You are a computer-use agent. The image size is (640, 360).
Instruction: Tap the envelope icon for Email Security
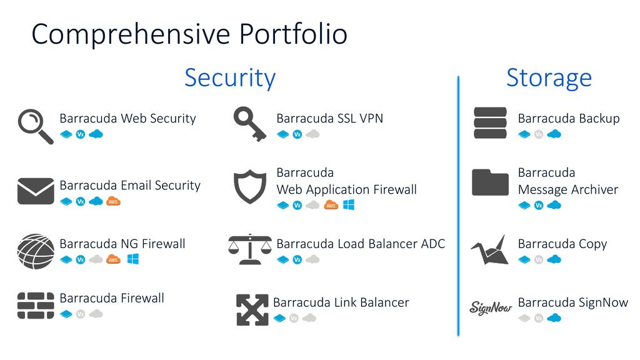36,191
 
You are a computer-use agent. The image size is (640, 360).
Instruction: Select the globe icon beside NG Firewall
36,251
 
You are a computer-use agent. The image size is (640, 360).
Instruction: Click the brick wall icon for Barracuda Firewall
36,305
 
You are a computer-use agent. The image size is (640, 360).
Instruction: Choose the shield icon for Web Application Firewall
250,186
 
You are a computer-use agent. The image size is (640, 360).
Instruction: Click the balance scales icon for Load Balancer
250,249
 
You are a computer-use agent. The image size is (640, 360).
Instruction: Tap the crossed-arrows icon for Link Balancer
252,310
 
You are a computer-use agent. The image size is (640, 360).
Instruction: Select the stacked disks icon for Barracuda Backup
490,123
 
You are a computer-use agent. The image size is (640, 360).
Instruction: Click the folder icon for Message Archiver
490,182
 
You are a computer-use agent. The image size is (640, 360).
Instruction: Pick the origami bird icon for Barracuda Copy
490,250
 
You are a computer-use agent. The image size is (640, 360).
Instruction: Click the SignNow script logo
491,307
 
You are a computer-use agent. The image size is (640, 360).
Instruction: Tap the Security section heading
230,77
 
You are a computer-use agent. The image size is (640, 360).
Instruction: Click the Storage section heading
549,77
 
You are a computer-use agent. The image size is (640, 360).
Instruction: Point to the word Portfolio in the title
293,34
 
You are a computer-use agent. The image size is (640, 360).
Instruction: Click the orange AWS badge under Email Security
113,201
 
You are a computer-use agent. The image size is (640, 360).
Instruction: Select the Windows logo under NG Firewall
133,259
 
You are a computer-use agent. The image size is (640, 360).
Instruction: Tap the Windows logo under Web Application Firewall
349,204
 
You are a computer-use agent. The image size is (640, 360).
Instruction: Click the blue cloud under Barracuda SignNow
554,317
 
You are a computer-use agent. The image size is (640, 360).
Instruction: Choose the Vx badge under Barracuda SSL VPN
297,134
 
